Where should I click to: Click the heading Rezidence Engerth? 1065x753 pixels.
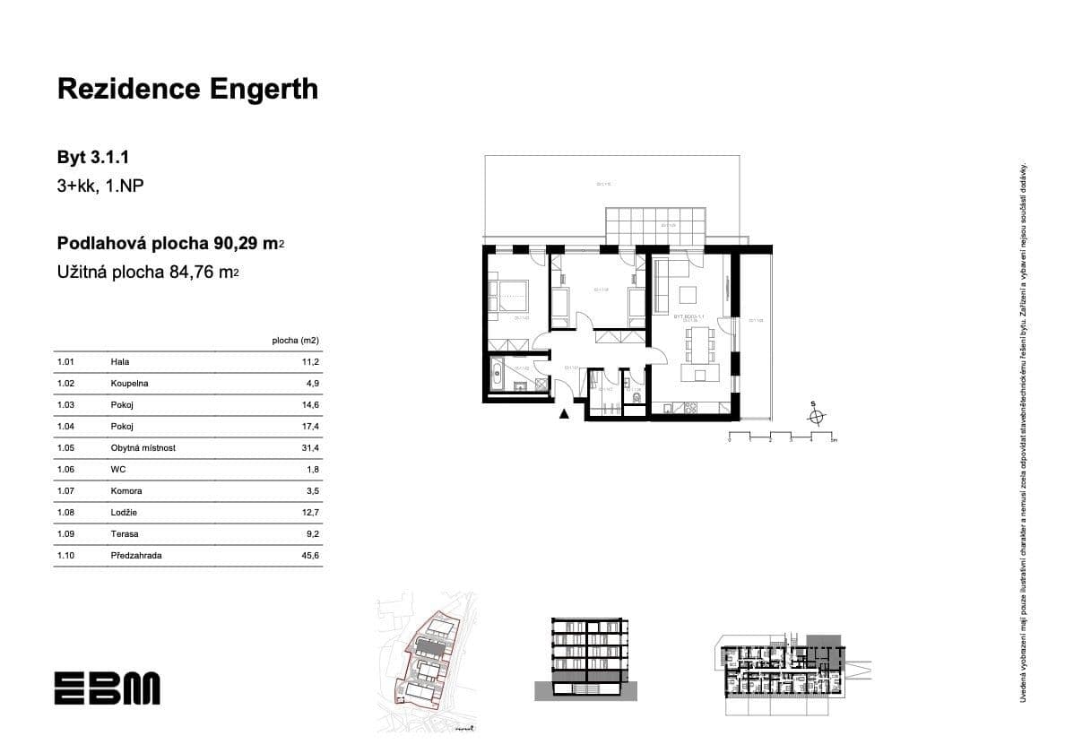click(187, 89)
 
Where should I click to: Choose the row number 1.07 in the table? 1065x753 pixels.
click(65, 491)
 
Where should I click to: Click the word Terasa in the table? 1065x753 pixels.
click(124, 534)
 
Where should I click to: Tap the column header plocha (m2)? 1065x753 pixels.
click(295, 341)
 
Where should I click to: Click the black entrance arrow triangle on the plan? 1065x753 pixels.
click(564, 413)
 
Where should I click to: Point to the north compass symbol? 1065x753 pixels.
click(815, 416)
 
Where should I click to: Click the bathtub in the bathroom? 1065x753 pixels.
click(498, 372)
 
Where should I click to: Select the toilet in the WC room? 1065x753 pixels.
click(635, 397)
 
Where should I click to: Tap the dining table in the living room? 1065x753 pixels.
click(698, 342)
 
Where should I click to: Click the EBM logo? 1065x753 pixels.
click(107, 688)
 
